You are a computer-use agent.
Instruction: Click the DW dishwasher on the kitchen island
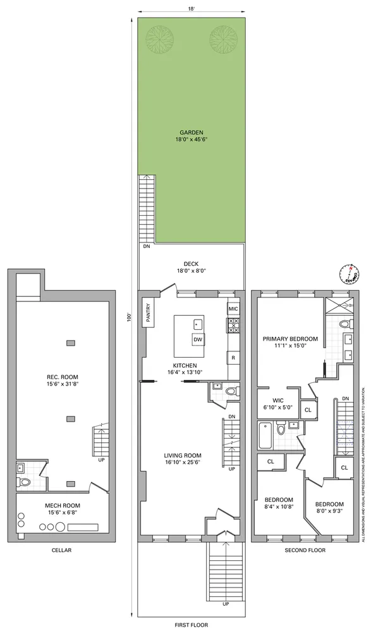(198, 339)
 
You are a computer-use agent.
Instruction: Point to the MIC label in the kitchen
(233, 309)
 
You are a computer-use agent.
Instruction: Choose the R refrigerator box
(233, 358)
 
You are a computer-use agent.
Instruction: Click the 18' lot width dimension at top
(191, 9)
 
